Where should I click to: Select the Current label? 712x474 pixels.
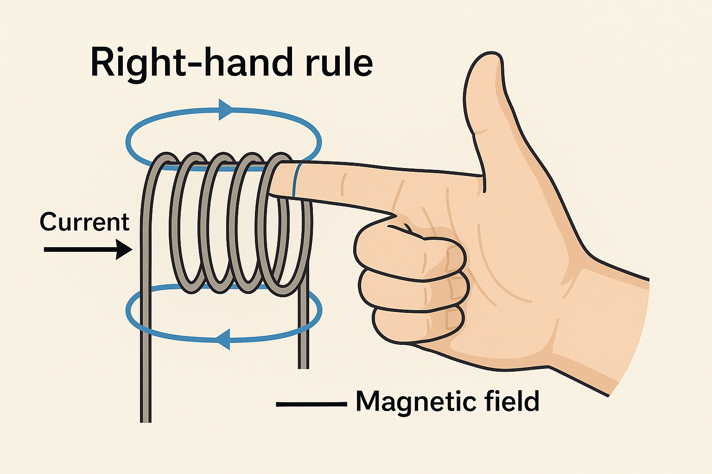pyautogui.click(x=84, y=222)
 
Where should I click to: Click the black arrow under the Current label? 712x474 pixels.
pyautogui.click(x=88, y=249)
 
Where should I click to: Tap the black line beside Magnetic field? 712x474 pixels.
pyautogui.click(x=311, y=404)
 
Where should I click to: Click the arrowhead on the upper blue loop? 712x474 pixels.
pyautogui.click(x=225, y=110)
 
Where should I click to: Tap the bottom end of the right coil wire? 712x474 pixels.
pyautogui.click(x=303, y=365)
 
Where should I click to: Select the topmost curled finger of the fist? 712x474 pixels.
pyautogui.click(x=408, y=250)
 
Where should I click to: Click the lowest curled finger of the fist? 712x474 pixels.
pyautogui.click(x=417, y=324)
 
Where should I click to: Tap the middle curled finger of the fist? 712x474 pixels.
pyautogui.click(x=413, y=289)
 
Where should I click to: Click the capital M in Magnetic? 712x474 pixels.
pyautogui.click(x=369, y=401)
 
